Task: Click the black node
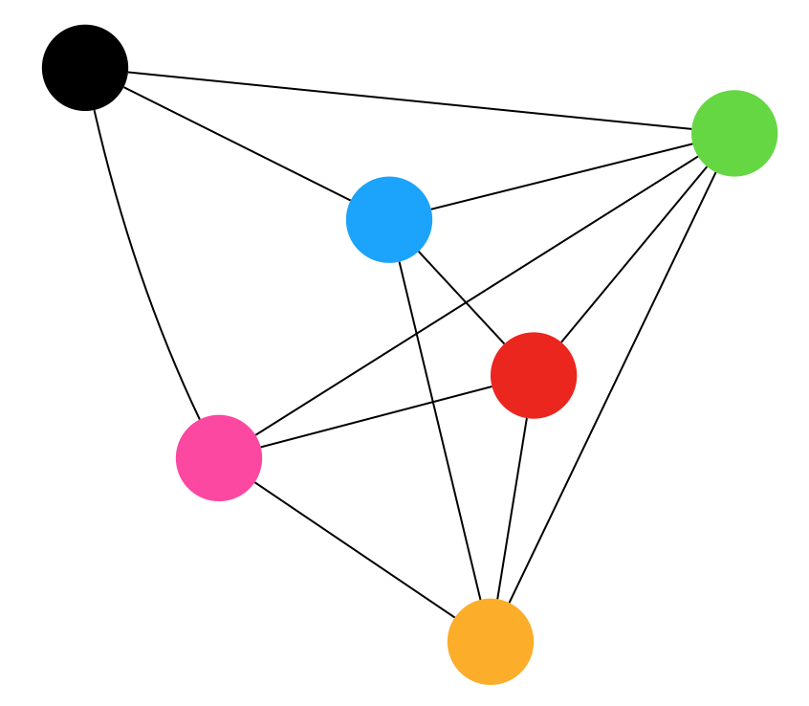[85, 68]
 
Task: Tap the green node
[734, 133]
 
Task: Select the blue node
[389, 219]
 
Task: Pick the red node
[534, 375]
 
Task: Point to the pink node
[219, 458]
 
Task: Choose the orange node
[491, 641]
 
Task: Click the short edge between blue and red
[461, 297]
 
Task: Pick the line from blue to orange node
[440, 430]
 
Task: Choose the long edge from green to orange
[612, 387]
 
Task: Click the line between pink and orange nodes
[355, 550]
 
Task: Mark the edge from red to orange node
[513, 508]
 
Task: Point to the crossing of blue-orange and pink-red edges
[431, 402]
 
